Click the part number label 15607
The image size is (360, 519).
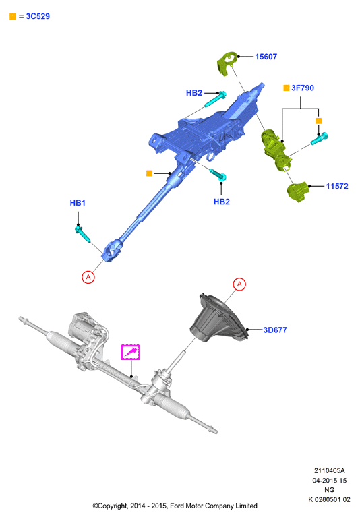coord(266,57)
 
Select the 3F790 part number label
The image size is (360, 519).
coord(303,88)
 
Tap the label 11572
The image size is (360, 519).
coord(337,186)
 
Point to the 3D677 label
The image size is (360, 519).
coord(275,330)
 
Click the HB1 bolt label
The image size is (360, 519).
coord(78,203)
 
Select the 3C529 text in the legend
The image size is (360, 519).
coord(38,16)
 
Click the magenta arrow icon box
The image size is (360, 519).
coord(131,352)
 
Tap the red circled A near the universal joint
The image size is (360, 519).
coord(88,276)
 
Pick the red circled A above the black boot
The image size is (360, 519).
coord(239,284)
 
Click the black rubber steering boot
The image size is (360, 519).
coord(218,319)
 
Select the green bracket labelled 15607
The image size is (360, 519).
coord(227,63)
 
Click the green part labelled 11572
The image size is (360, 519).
coord(298,191)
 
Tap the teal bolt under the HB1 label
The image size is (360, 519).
coord(82,234)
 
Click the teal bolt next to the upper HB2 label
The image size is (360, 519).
coord(215,98)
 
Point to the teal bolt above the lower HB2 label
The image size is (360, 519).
coord(218,174)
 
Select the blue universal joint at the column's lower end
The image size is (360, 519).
coord(112,251)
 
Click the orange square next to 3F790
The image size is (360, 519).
coord(287,88)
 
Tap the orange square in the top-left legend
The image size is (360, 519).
coord(13,16)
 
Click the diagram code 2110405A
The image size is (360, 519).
coord(329,470)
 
